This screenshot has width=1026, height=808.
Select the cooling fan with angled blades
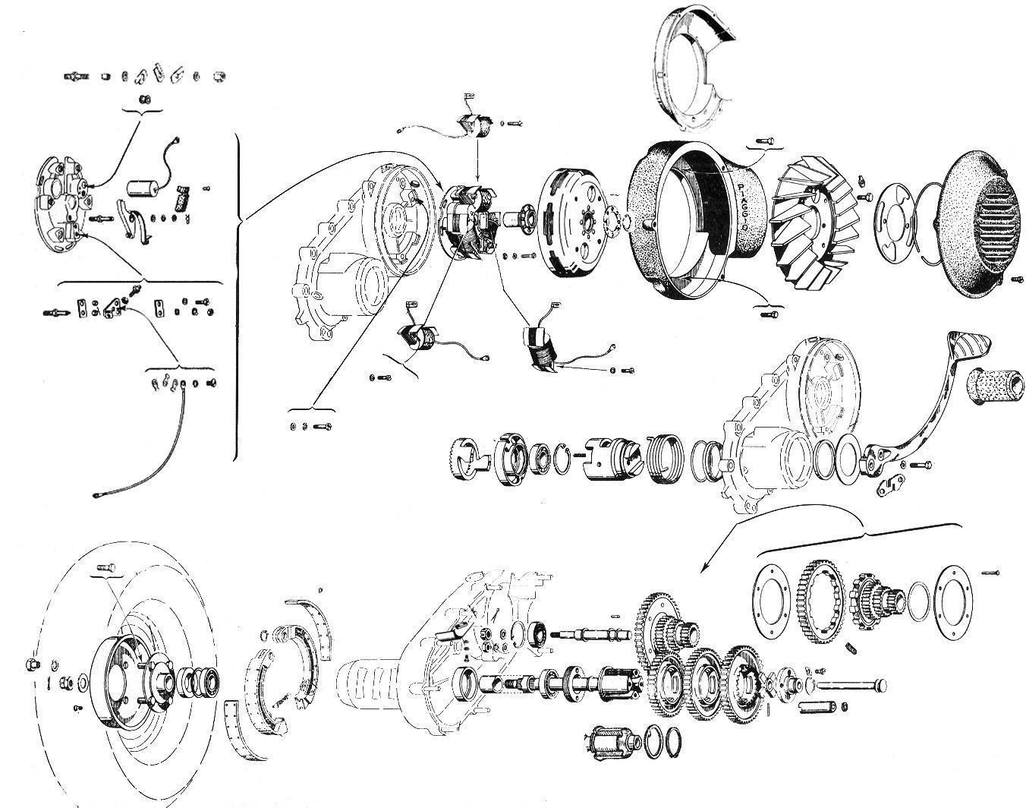tap(816, 223)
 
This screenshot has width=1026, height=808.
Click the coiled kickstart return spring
tap(666, 458)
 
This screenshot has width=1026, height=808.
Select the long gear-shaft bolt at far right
tap(851, 686)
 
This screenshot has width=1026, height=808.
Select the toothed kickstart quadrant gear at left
tap(470, 458)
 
